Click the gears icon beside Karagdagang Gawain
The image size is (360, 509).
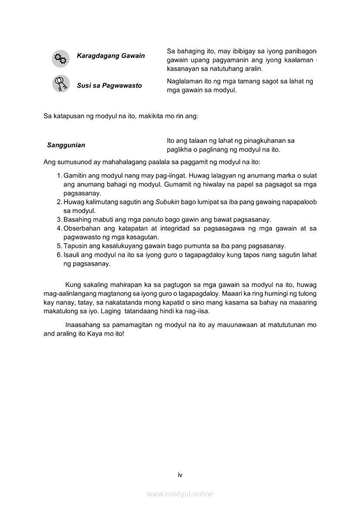tap(61, 58)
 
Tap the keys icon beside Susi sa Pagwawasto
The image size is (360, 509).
tap(61, 83)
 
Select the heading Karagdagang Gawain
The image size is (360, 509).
tap(111, 56)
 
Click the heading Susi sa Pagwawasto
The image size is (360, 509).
tap(109, 85)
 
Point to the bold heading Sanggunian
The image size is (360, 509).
tap(66, 145)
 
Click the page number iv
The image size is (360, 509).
tap(180, 475)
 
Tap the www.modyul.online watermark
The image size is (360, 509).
tap(180, 494)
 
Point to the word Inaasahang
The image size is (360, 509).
tap(84, 325)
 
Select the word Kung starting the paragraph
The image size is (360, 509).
tap(72, 285)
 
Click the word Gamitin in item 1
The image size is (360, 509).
tap(75, 175)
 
